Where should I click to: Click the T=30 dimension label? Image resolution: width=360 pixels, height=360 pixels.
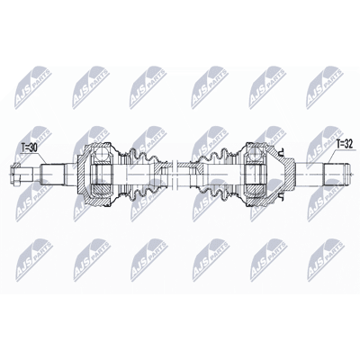[30, 148]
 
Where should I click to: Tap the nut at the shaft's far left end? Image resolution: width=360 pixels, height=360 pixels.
[15, 174]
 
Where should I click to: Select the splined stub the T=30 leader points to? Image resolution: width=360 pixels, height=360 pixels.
[53, 174]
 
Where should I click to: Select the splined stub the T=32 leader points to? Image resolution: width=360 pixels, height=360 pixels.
[336, 174]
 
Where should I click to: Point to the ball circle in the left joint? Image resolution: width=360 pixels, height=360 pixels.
[101, 155]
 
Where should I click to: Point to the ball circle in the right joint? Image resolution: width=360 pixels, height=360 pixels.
[255, 155]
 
